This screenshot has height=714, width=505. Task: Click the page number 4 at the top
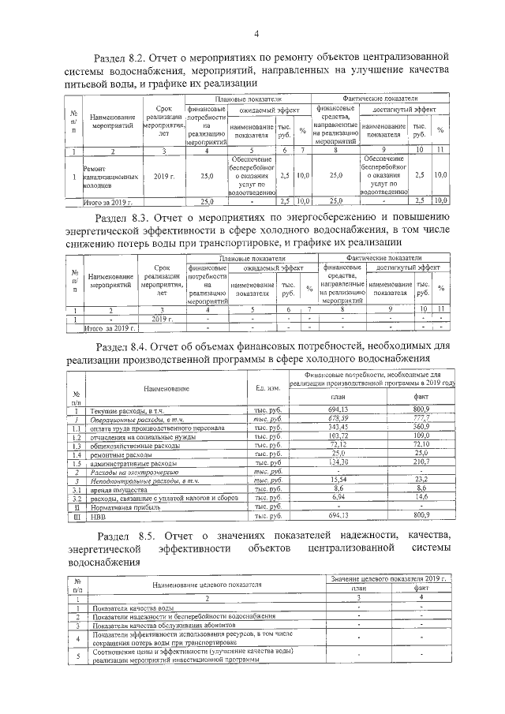(x=256, y=33)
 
